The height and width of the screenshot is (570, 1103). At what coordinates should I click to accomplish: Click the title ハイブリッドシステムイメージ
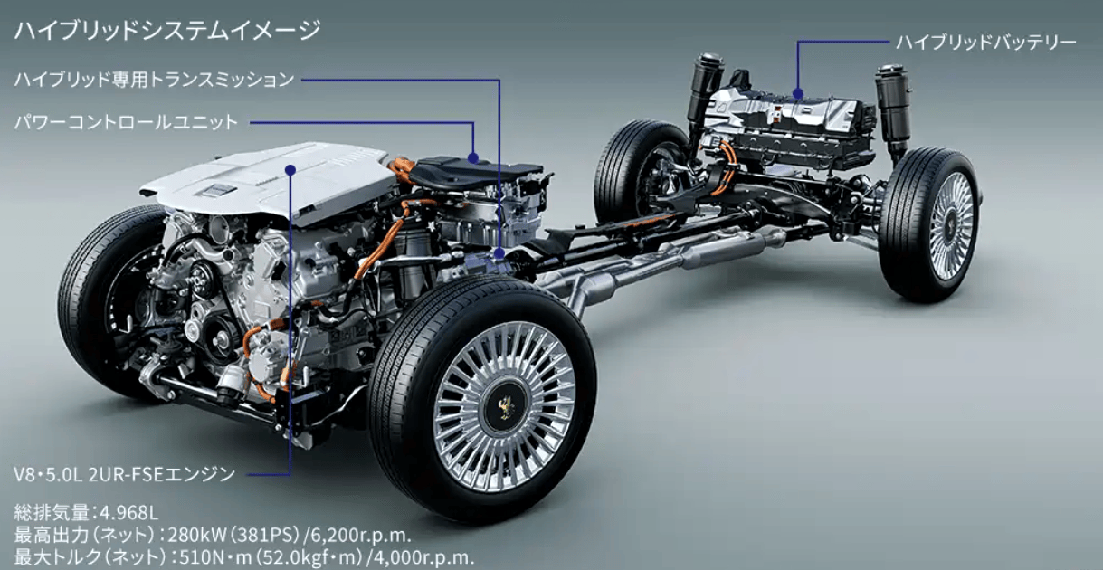point(167,30)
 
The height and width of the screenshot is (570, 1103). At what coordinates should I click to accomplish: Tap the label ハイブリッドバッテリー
point(985,43)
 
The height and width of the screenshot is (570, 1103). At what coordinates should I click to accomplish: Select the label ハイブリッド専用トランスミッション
point(154,80)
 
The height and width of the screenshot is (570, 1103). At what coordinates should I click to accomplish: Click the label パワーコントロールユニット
point(126,121)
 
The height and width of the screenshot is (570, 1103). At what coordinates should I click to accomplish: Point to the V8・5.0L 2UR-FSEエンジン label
point(125,474)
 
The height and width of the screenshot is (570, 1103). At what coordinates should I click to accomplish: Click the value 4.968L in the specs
point(129,513)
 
